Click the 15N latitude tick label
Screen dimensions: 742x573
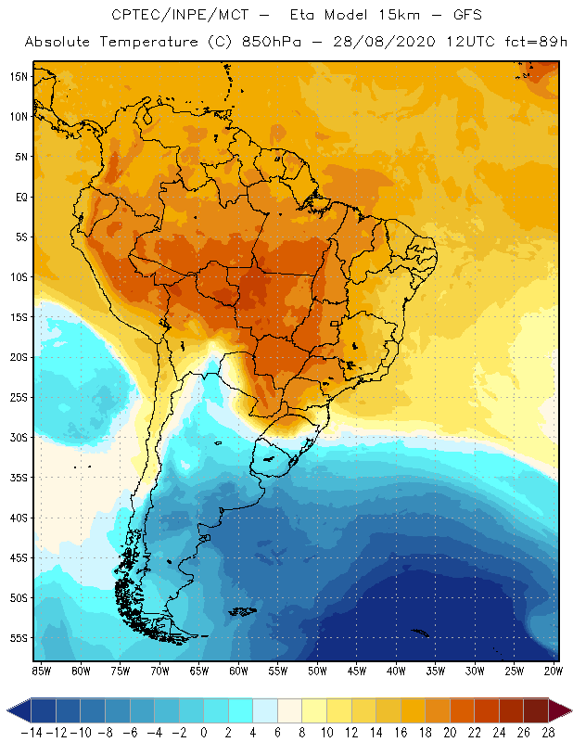(x=18, y=76)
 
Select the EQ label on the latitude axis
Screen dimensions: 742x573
(x=19, y=197)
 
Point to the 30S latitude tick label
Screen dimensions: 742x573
(x=18, y=437)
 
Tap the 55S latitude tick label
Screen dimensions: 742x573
(x=18, y=638)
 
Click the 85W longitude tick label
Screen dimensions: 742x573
(x=41, y=670)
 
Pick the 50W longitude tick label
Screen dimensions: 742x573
(x=317, y=670)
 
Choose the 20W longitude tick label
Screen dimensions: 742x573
(x=554, y=670)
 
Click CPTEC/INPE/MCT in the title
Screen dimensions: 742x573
(x=178, y=16)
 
